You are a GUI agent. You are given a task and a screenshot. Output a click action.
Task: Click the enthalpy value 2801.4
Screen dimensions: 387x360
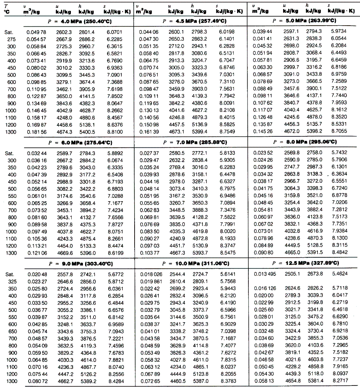point(86,32)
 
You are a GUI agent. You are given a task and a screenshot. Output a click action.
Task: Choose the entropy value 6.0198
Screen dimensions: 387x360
point(227,32)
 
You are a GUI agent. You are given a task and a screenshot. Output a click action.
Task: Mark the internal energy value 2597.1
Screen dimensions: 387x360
point(291,31)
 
